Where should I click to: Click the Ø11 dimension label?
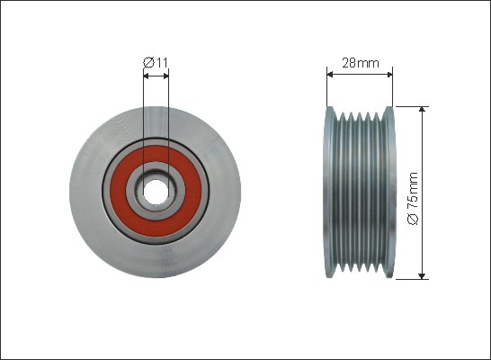coord(156,63)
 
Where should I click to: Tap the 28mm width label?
coord(361,63)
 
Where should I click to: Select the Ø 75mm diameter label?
coord(413,198)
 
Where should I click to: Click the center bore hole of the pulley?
coord(156,192)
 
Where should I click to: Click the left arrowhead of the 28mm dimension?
coord(329,75)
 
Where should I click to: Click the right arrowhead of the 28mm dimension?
coord(390,75)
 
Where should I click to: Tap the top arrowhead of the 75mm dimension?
coord(423,109)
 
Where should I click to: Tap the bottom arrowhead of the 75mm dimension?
coord(423,275)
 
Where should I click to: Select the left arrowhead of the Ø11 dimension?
coord(146,76)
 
